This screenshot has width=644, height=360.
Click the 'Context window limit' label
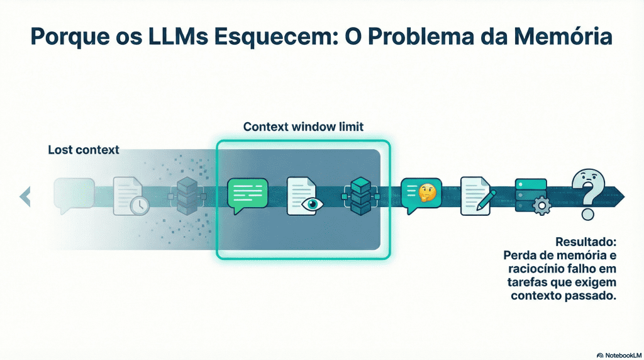coord(303,127)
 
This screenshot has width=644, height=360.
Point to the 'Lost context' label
coord(83,150)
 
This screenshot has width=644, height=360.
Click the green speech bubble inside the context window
coord(247,196)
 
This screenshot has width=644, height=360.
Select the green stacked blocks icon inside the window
coord(362,196)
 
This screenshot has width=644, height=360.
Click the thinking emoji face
coord(428,191)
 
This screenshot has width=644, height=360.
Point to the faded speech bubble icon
coord(74,193)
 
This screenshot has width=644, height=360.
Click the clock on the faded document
coord(139,205)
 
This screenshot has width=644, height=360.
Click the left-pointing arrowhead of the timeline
coord(25,196)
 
